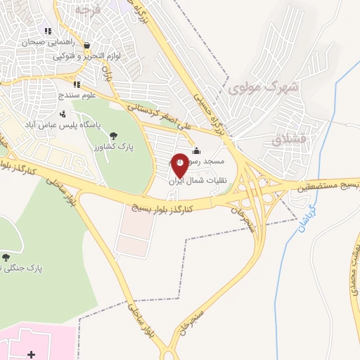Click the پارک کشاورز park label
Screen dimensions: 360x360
pyautogui.click(x=113, y=146)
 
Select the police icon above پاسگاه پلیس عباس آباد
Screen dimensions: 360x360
pyautogui.click(x=63, y=113)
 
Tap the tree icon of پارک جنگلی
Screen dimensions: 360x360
pyautogui.click(x=6, y=258)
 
